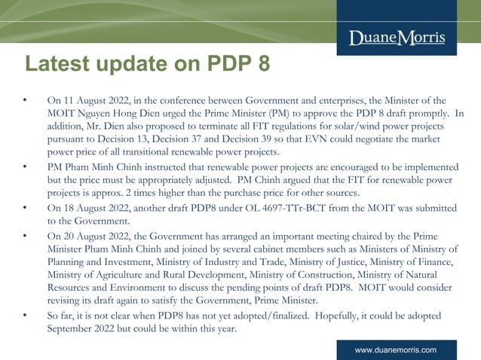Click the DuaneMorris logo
pyautogui.click(x=397, y=38)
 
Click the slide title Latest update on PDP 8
pyautogui.click(x=146, y=64)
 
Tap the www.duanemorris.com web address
pyautogui.click(x=396, y=350)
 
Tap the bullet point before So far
pyautogui.click(x=25, y=316)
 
